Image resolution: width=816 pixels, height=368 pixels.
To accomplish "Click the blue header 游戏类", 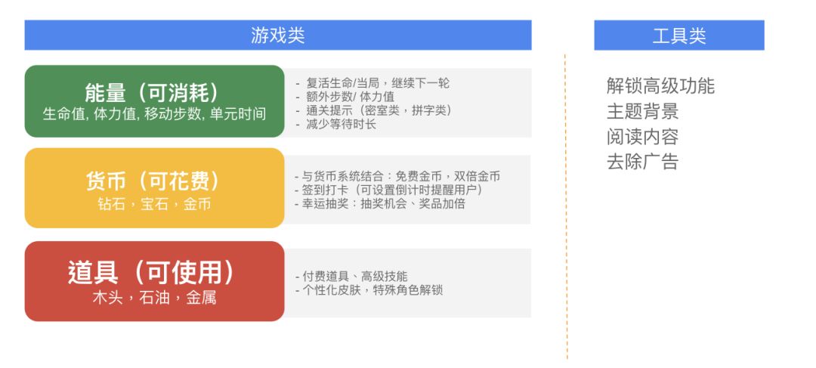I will click(277, 36).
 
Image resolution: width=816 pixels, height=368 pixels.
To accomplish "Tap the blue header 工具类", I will click(678, 36).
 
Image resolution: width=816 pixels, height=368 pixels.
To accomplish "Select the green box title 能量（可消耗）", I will click(154, 92).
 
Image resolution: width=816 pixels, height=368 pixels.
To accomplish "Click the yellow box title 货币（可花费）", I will click(154, 181).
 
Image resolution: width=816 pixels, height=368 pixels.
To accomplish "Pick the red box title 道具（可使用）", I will click(154, 272).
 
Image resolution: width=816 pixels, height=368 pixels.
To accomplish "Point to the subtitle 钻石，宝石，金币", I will click(154, 204).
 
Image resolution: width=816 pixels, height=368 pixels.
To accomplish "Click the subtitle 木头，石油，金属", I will click(154, 297).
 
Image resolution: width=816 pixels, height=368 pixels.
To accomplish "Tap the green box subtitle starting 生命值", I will click(154, 114).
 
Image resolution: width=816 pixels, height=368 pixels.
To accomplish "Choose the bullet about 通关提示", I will click(374, 110).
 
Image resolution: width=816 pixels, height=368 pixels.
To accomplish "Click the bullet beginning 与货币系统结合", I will click(397, 176).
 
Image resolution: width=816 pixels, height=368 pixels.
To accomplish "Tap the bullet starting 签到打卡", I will click(388, 190).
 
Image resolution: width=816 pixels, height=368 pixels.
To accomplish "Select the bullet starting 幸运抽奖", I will click(379, 203).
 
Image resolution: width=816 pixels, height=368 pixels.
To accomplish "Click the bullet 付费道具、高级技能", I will click(351, 277).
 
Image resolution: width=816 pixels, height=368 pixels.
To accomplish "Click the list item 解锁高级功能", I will click(660, 86).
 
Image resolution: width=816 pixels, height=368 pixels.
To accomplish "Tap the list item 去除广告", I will click(642, 162).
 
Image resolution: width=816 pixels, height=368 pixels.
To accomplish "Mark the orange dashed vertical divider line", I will click(566, 227).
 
